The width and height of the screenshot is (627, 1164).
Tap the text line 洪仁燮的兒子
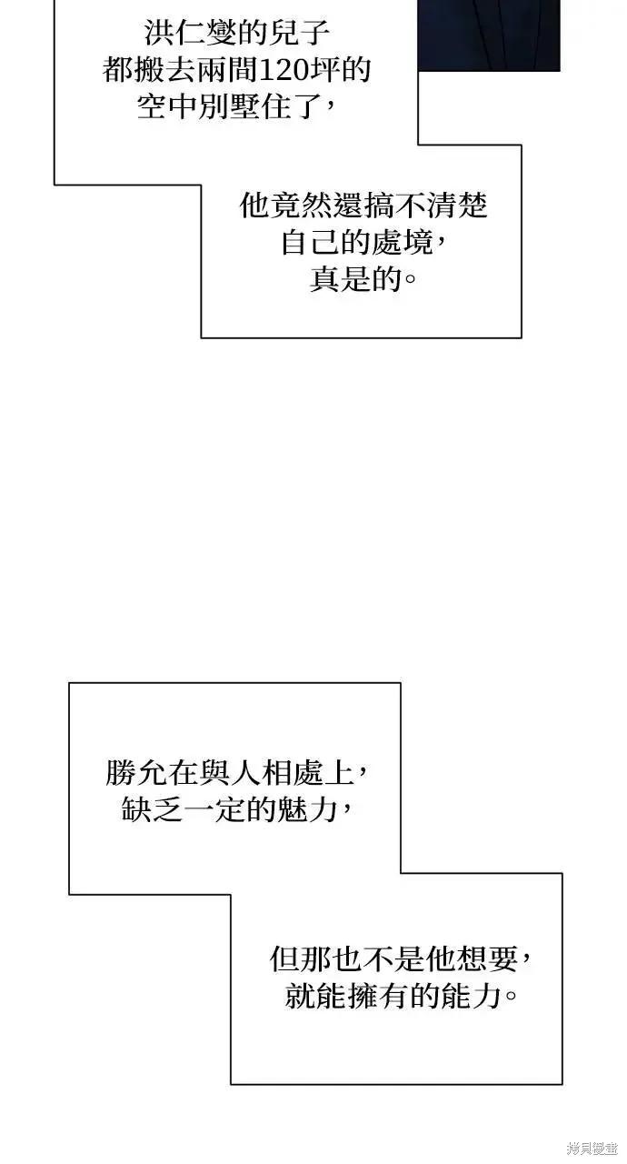237,34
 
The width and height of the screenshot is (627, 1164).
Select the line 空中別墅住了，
236,107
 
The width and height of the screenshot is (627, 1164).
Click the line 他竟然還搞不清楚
363,206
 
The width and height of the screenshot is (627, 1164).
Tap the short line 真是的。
363,279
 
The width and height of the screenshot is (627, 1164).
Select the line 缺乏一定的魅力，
237,810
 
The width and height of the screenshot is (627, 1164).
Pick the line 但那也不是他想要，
401,959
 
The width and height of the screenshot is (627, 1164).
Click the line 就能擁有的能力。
401,997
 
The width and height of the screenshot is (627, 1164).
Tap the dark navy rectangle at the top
489,35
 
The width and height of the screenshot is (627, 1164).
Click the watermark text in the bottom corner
592,1148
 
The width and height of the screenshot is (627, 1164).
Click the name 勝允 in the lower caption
136,773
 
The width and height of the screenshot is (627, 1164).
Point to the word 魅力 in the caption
308,810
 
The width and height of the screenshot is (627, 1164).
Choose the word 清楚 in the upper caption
457,206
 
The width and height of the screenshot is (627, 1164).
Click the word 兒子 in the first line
300,34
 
